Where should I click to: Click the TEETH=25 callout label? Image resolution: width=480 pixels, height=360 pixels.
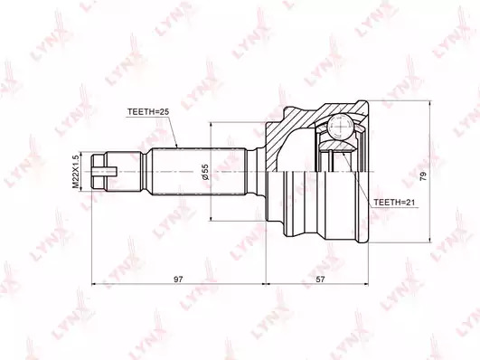click(148, 112)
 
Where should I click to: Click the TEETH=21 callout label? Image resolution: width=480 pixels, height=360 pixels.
click(395, 203)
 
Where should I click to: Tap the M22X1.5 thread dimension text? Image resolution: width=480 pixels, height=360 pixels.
click(75, 172)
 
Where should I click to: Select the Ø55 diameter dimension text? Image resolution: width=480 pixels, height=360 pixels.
click(205, 172)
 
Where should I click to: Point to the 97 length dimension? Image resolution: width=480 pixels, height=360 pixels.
click(178, 279)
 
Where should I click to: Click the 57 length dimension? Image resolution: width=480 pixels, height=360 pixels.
click(321, 279)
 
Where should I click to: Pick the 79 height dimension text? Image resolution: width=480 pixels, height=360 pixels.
click(423, 176)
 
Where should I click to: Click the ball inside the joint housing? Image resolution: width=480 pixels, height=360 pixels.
click(339, 127)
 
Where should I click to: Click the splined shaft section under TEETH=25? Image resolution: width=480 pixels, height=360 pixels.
click(199, 172)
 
